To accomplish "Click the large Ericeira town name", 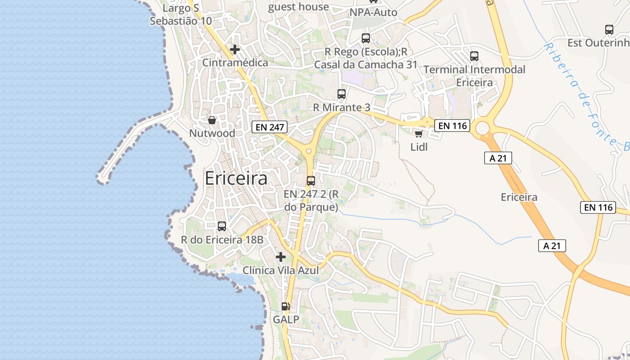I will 236,178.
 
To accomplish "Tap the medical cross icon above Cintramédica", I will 234,49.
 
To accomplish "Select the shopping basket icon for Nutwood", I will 211,120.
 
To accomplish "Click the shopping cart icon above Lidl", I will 418,134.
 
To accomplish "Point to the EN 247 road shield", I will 270,127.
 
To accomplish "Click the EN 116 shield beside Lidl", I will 453,126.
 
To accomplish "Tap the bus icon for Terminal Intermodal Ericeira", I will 474,56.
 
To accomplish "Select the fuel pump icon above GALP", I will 285,306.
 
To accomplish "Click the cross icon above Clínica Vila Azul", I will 281,257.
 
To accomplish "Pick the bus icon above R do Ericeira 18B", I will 222,226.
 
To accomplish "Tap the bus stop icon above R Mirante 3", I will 342,94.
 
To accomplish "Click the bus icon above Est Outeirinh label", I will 609,30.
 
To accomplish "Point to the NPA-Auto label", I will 373,13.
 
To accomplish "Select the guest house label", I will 299,7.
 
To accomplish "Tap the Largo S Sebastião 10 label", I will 181,15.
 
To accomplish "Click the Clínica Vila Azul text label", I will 281,270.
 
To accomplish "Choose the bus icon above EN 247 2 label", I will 310,181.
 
